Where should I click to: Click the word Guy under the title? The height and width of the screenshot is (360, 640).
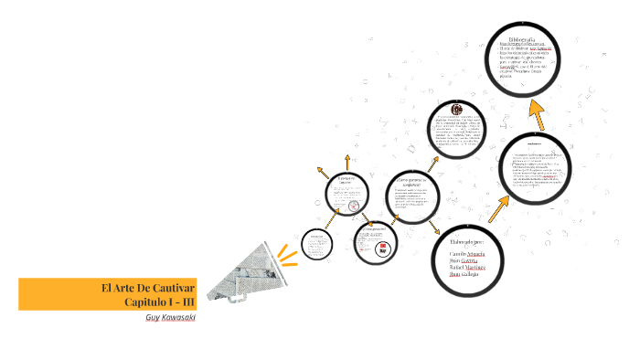[153, 317]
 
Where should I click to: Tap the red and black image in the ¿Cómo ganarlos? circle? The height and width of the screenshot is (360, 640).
[379, 248]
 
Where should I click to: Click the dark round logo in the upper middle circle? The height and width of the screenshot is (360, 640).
[456, 110]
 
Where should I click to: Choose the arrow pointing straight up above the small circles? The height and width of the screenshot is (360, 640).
[322, 174]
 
